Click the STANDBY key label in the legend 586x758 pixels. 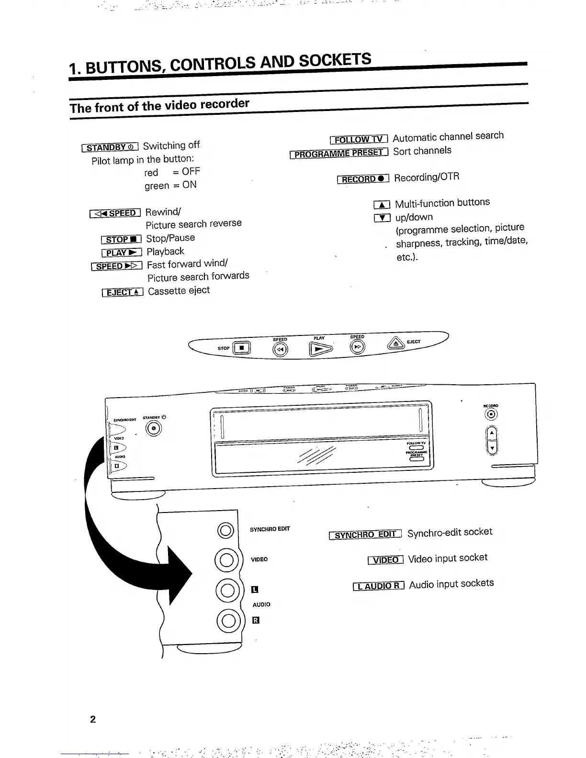pyautogui.click(x=110, y=147)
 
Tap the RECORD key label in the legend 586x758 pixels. pyautogui.click(x=363, y=179)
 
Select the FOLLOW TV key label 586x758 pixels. pyautogui.click(x=359, y=139)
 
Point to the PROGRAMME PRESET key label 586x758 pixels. pyautogui.click(x=338, y=154)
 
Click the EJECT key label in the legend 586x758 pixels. pyautogui.click(x=123, y=292)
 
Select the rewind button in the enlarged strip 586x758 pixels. pyautogui.click(x=280, y=350)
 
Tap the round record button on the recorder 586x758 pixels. pyautogui.click(x=492, y=414)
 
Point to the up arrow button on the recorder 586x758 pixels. pyautogui.click(x=492, y=434)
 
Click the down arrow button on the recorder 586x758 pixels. pyautogui.click(x=492, y=448)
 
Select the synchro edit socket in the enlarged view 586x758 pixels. pyautogui.click(x=225, y=530)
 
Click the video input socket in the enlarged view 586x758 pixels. pyautogui.click(x=226, y=560)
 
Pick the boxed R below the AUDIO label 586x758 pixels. pyautogui.click(x=256, y=621)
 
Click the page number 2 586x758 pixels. pyautogui.click(x=93, y=719)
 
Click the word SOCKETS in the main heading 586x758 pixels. pyautogui.click(x=335, y=60)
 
